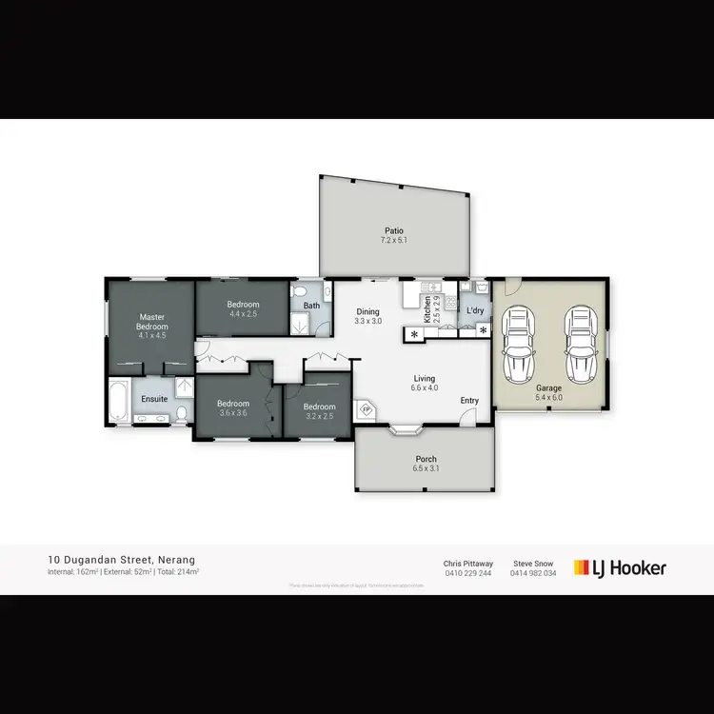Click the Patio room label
point(394,230)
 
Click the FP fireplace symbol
point(367,410)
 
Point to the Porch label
point(426,459)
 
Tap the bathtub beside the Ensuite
point(119,403)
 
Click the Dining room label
point(367,311)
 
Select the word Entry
point(469,401)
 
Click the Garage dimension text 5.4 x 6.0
point(549,397)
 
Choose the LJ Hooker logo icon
point(582,567)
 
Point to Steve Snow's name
point(532,563)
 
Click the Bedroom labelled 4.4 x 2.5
point(243,305)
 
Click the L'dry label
point(475,311)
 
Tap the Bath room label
point(311,306)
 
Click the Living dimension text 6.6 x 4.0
point(425,387)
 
